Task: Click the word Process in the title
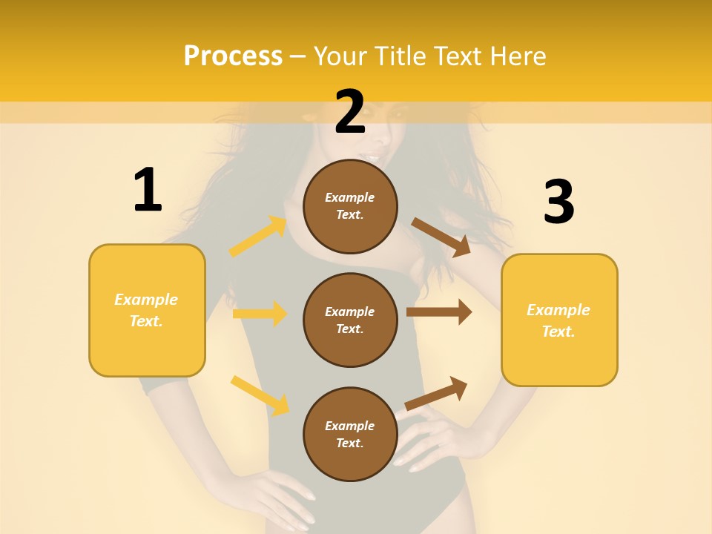tap(233, 56)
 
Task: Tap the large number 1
tap(148, 191)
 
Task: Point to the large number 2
tap(350, 112)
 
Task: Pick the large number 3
tap(558, 202)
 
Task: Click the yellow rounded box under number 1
tap(147, 310)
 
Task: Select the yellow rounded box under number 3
tap(559, 320)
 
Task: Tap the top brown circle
tap(350, 206)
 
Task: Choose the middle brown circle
tap(350, 320)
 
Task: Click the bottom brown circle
tap(350, 434)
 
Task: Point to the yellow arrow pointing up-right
tap(258, 237)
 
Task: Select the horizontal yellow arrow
tap(260, 314)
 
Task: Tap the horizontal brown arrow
tap(439, 312)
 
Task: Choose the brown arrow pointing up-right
tap(436, 393)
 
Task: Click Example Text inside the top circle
tap(350, 206)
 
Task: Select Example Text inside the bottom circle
tap(350, 435)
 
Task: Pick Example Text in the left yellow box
tap(147, 310)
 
